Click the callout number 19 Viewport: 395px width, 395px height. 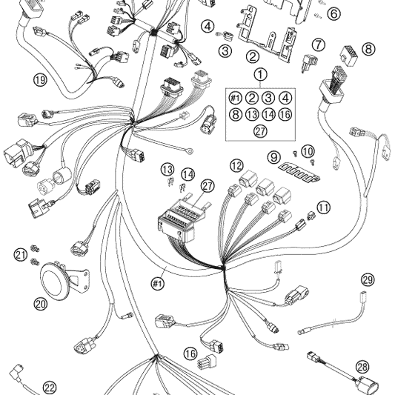click(x=40, y=80)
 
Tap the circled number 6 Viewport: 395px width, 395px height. click(x=333, y=13)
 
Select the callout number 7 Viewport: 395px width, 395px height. click(x=319, y=45)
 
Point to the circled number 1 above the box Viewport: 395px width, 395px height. click(x=260, y=75)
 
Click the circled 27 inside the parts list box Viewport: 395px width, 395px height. click(x=260, y=131)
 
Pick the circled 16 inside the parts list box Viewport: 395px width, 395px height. click(x=285, y=115)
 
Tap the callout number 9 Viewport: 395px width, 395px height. click(x=273, y=157)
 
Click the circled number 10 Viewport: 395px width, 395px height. click(x=308, y=152)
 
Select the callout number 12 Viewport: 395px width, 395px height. click(x=236, y=166)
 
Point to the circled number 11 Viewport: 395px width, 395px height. click(x=323, y=208)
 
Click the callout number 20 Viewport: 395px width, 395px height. click(x=41, y=304)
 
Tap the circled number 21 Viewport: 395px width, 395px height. click(x=21, y=254)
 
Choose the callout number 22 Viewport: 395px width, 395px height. click(x=50, y=387)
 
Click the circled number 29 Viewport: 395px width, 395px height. click(x=368, y=279)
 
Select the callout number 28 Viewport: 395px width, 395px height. click(x=362, y=367)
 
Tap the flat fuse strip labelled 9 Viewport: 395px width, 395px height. click(x=299, y=173)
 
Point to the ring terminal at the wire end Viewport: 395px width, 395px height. click(x=190, y=151)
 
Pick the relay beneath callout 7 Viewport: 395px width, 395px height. click(x=309, y=63)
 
